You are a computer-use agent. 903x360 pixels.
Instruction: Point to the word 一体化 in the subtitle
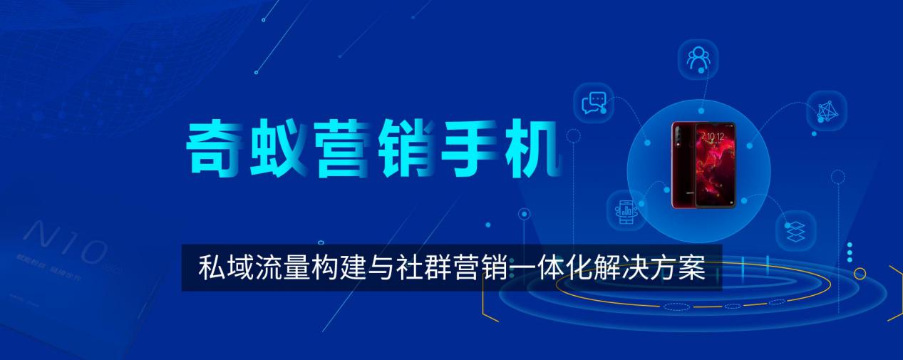pos(539,268)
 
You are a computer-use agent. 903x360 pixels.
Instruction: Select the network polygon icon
pos(827,110)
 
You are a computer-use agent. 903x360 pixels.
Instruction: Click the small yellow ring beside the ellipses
pos(860,273)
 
